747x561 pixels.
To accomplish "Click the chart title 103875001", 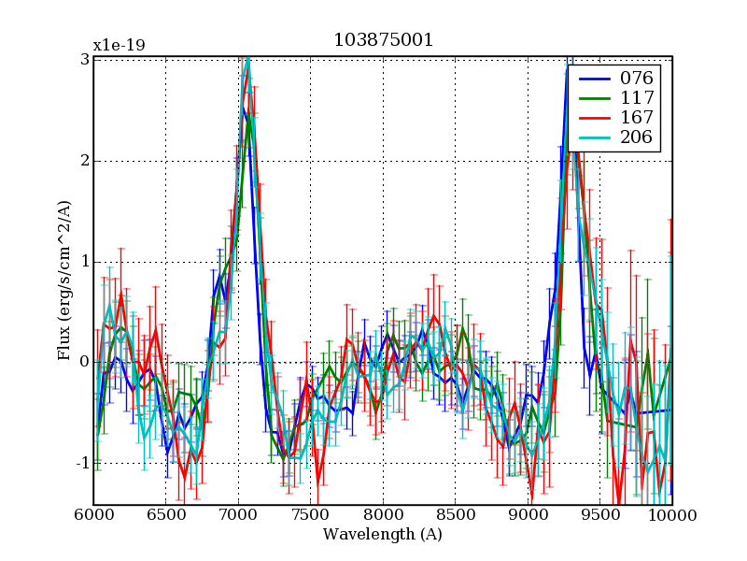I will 383,40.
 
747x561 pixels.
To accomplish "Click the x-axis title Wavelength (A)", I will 383,535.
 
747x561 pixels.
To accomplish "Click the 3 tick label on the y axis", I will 84,59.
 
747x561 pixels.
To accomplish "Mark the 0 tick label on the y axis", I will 84,362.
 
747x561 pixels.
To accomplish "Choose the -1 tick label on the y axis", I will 81,463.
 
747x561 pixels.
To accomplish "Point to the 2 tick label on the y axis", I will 84,160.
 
